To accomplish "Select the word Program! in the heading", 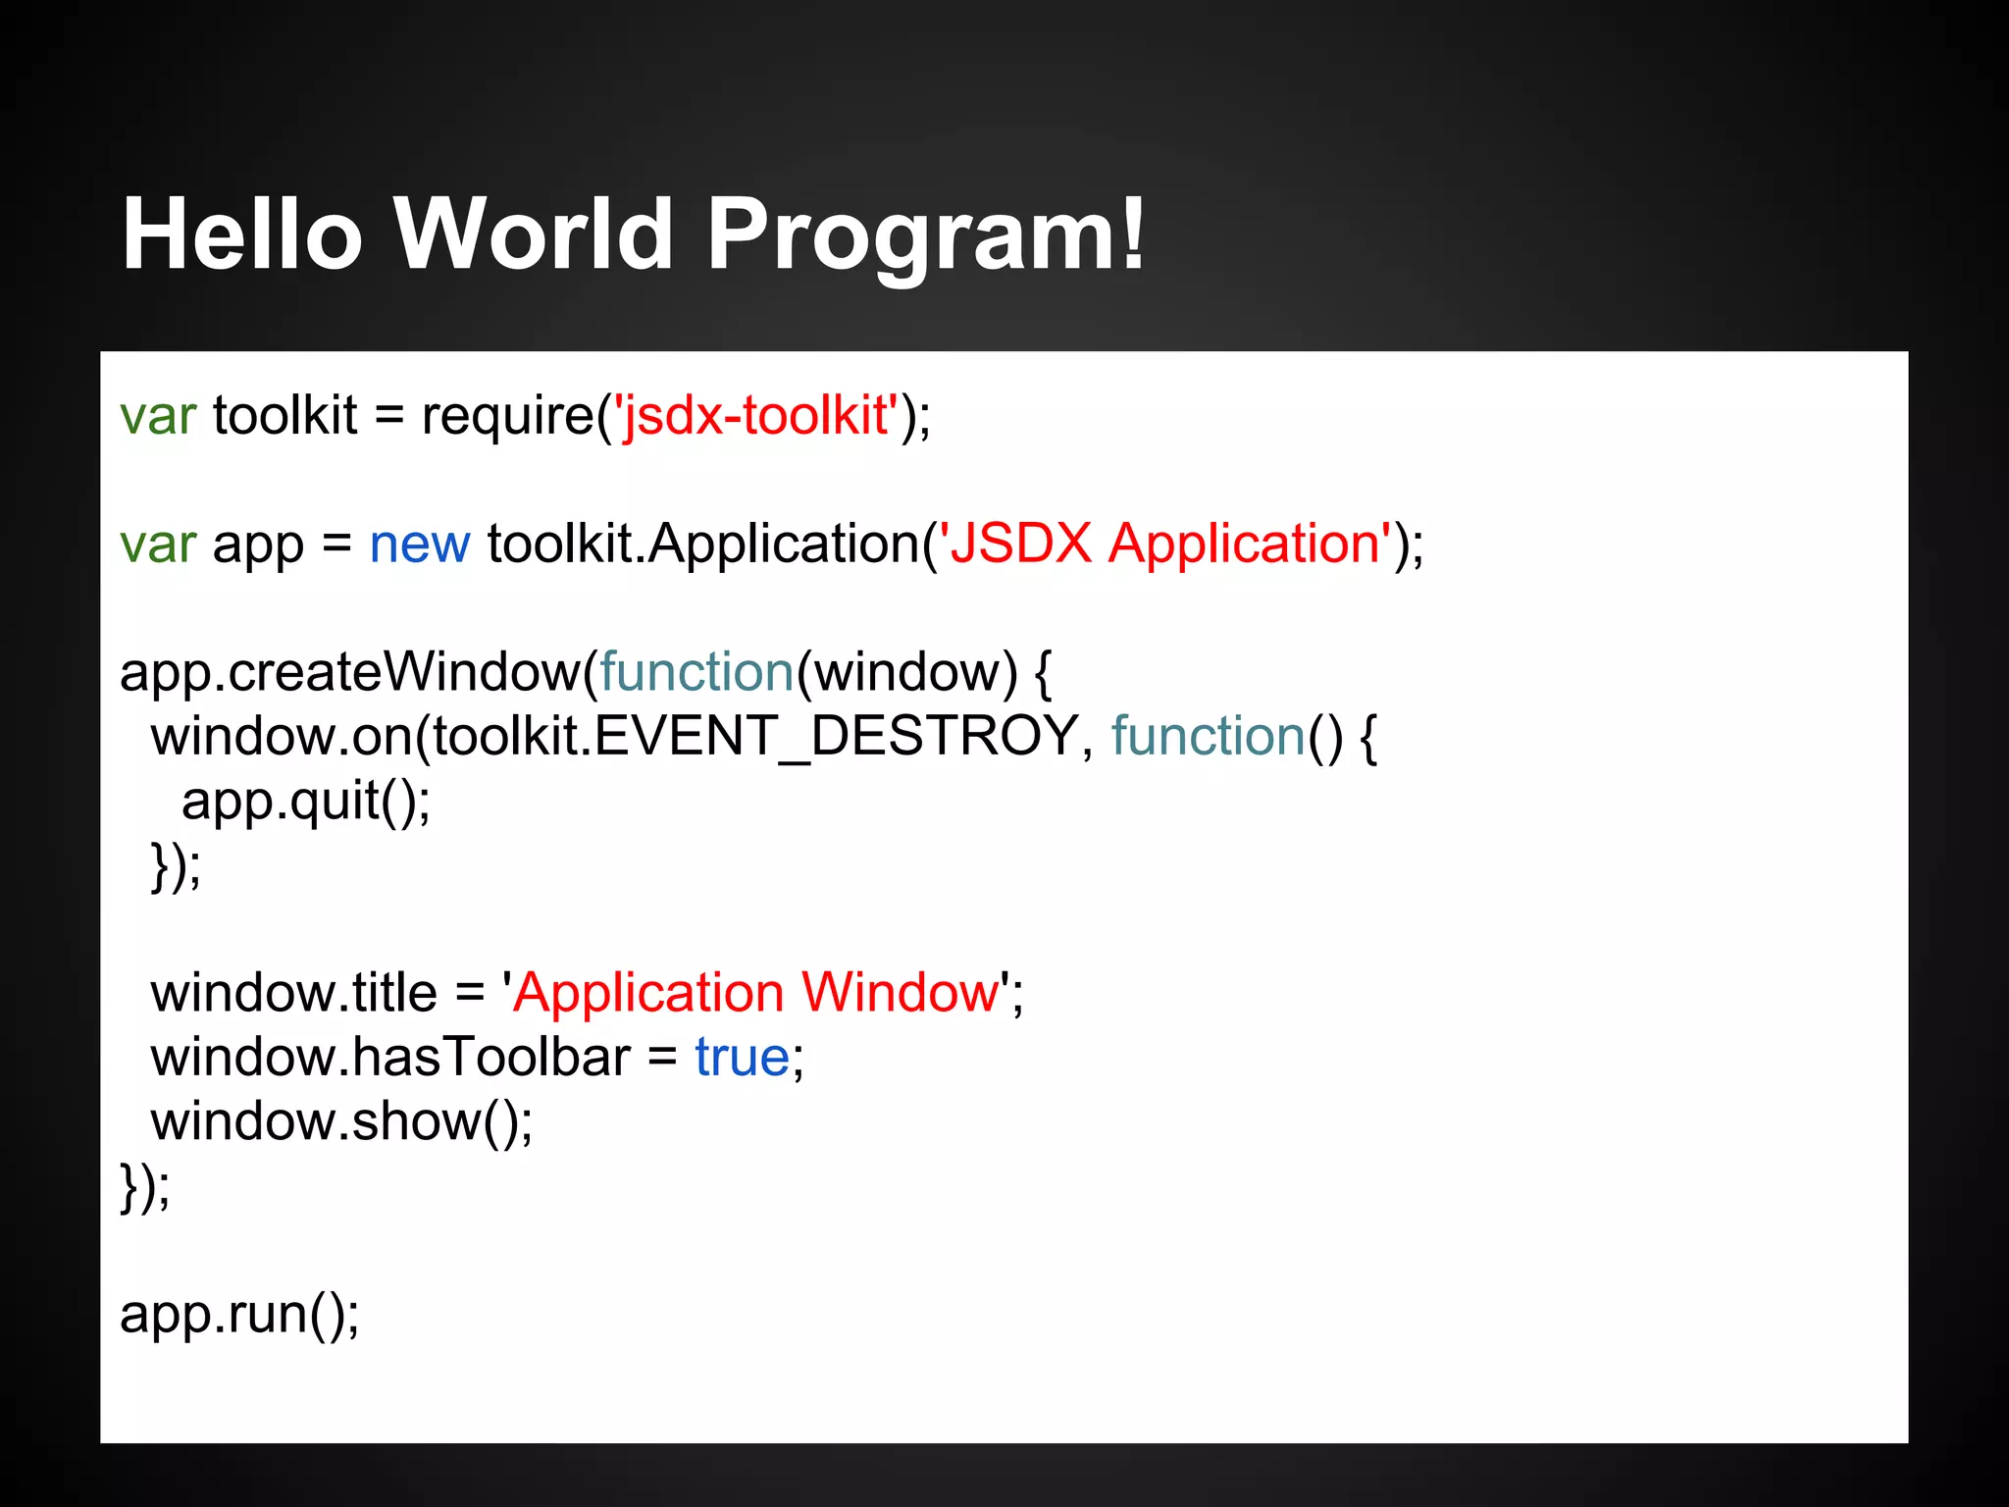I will pyautogui.click(x=925, y=235).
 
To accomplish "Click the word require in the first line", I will pyautogui.click(x=507, y=417).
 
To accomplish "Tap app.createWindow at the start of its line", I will pyautogui.click(x=350, y=673).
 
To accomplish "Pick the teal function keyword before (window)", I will pyautogui.click(x=695, y=673).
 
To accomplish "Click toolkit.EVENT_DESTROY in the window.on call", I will pyautogui.click(x=755, y=737).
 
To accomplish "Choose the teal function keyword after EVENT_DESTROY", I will pyautogui.click(x=1208, y=737).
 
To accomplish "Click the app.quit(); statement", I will pyautogui.click(x=305, y=802).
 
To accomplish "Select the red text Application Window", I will pyautogui.click(x=755, y=993).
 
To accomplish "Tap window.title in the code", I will pyautogui.click(x=293, y=993).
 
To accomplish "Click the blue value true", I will pyautogui.click(x=742, y=1058).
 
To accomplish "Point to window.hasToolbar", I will pyautogui.click(x=389, y=1058).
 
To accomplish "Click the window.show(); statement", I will pyautogui.click(x=341, y=1121).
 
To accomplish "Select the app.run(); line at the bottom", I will pyautogui.click(x=239, y=1315).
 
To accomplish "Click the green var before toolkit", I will pyautogui.click(x=158, y=417).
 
